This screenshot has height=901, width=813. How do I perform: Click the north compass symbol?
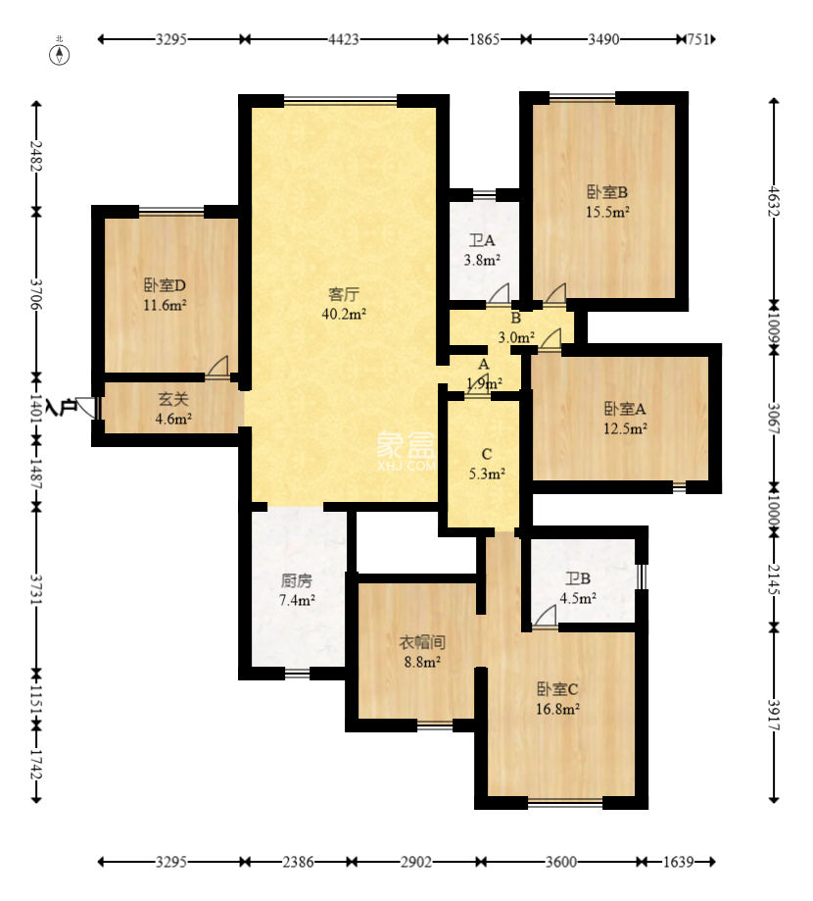[x=60, y=54]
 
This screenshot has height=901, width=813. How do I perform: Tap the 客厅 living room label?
[x=344, y=294]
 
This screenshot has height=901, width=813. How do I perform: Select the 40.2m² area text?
[x=344, y=314]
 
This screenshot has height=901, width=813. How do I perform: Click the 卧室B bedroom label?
[x=607, y=192]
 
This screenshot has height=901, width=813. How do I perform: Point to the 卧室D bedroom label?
[x=165, y=285]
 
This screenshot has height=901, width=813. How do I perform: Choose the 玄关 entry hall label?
[x=173, y=399]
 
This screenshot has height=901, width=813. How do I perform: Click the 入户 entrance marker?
[x=62, y=407]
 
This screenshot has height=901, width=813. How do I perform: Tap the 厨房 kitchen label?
[x=296, y=580]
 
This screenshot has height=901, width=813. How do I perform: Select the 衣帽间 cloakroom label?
[x=422, y=642]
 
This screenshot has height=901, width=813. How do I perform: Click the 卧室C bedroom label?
[x=557, y=688]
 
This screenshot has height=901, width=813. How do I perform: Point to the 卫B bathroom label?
[x=578, y=578]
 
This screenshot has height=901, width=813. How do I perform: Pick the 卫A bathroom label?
[x=482, y=240]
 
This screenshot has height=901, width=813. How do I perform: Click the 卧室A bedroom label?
[x=625, y=409]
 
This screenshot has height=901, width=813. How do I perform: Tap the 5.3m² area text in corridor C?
[x=487, y=475]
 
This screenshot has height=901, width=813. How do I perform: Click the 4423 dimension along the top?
[x=344, y=39]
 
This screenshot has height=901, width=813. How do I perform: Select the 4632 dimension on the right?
[x=774, y=201]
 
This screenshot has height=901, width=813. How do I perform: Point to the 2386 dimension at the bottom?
[x=298, y=862]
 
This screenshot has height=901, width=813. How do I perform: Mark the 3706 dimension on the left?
[x=36, y=293]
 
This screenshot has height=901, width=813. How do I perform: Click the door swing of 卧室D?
[x=218, y=367]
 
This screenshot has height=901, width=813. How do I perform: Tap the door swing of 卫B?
[x=546, y=616]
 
